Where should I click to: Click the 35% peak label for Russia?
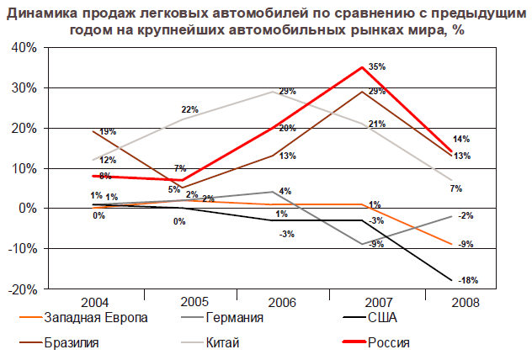[x=377, y=66]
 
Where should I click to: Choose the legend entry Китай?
[x=224, y=342]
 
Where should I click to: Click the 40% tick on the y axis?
[x=24, y=48]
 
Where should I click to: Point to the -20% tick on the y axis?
[x=22, y=289]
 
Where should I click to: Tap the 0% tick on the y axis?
[x=26, y=209]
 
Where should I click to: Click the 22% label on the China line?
[x=189, y=109]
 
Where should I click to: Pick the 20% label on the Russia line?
[x=286, y=128]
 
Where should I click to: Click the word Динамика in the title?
[x=46, y=13]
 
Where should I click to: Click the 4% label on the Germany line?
[x=285, y=191]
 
